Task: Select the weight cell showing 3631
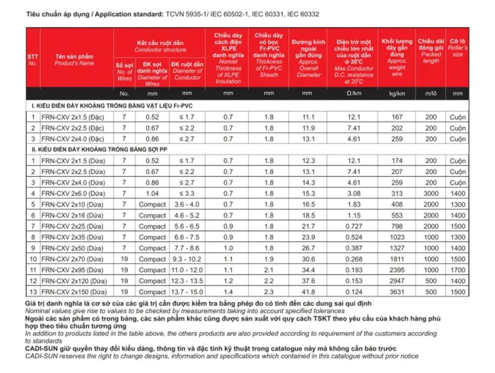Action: [x=396, y=292]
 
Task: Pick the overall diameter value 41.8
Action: [x=308, y=292]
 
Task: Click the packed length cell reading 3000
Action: [x=431, y=193]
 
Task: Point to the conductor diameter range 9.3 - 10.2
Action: [x=187, y=259]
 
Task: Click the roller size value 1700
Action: [x=457, y=270]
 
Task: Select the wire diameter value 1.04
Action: [x=152, y=193]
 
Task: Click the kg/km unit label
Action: [x=396, y=94]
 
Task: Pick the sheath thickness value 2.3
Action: [x=269, y=292]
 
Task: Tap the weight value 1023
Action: [x=396, y=237]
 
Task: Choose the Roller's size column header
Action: [x=457, y=48]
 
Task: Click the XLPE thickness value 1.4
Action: [x=228, y=292]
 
